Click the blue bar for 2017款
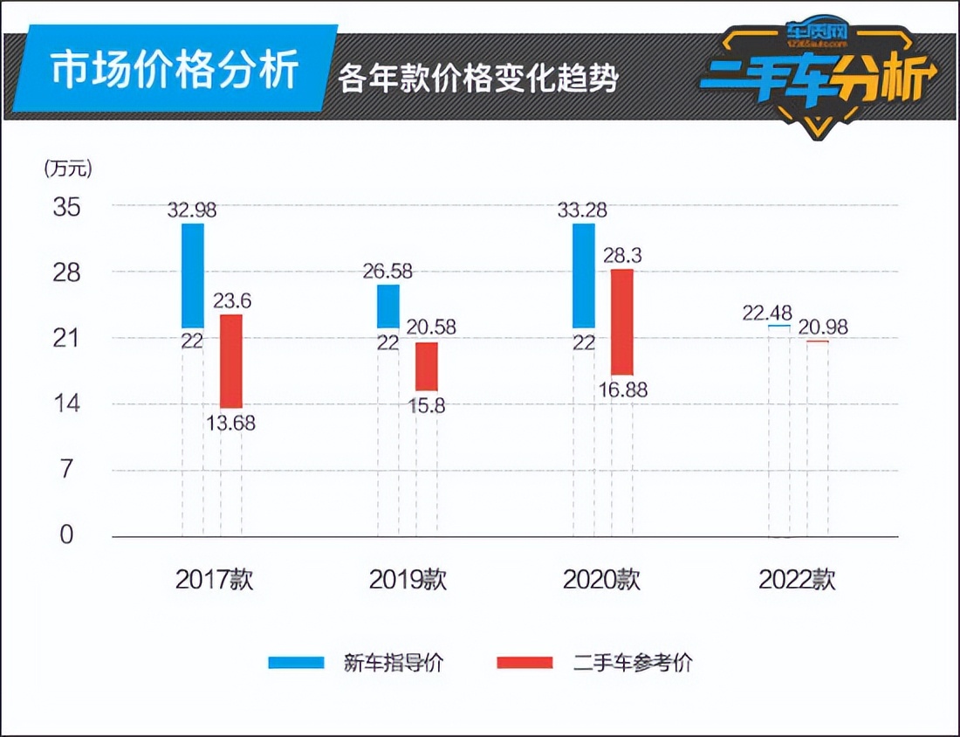192,275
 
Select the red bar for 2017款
230,361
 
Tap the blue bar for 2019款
388,306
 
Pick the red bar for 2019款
426,366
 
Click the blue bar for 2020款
583,275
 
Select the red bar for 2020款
621,321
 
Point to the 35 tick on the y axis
67,208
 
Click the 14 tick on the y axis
67,403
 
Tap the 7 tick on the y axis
67,470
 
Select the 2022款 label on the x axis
797,580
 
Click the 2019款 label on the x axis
408,580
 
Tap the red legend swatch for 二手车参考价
524,663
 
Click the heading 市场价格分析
175,71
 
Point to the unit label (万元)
67,169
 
